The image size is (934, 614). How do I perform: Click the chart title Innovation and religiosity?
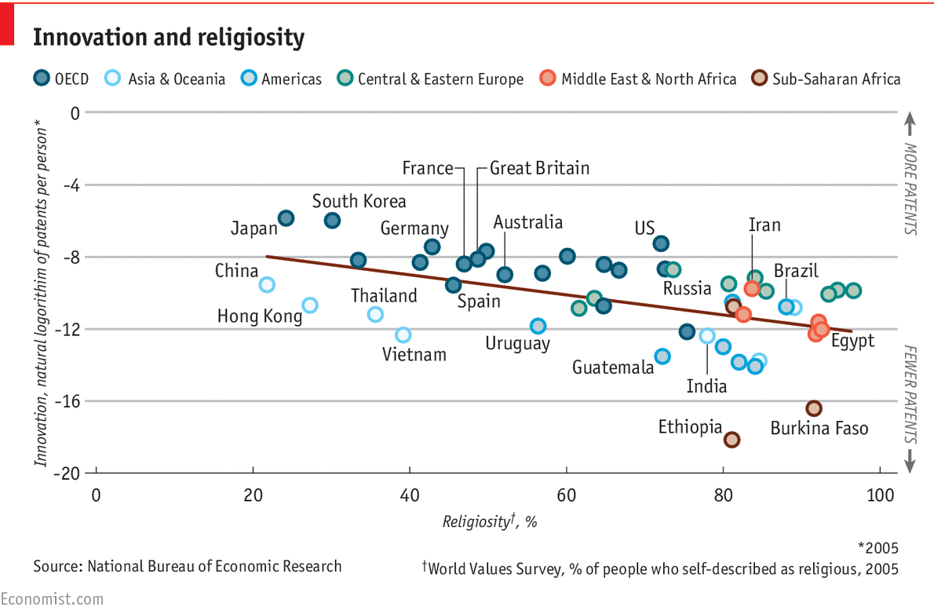click(x=168, y=37)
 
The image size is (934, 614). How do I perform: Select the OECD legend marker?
click(x=42, y=79)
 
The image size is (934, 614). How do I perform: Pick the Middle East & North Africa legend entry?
click(x=639, y=79)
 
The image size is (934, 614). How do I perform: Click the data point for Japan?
click(x=286, y=217)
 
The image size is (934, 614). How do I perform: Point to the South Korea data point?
click(x=332, y=221)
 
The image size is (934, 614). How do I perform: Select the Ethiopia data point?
click(x=732, y=440)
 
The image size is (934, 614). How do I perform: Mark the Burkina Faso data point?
click(x=814, y=408)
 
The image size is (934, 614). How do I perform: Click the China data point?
click(x=267, y=284)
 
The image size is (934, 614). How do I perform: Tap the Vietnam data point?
click(x=403, y=335)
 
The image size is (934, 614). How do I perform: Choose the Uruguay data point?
click(x=538, y=326)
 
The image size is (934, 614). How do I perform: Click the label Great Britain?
click(x=539, y=168)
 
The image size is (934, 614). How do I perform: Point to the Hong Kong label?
click(x=259, y=316)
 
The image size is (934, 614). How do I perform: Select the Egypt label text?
click(x=852, y=341)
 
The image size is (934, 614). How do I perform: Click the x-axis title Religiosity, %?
click(x=489, y=521)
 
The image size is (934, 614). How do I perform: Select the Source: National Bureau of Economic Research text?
click(x=187, y=565)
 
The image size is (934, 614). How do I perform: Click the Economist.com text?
click(x=52, y=599)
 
